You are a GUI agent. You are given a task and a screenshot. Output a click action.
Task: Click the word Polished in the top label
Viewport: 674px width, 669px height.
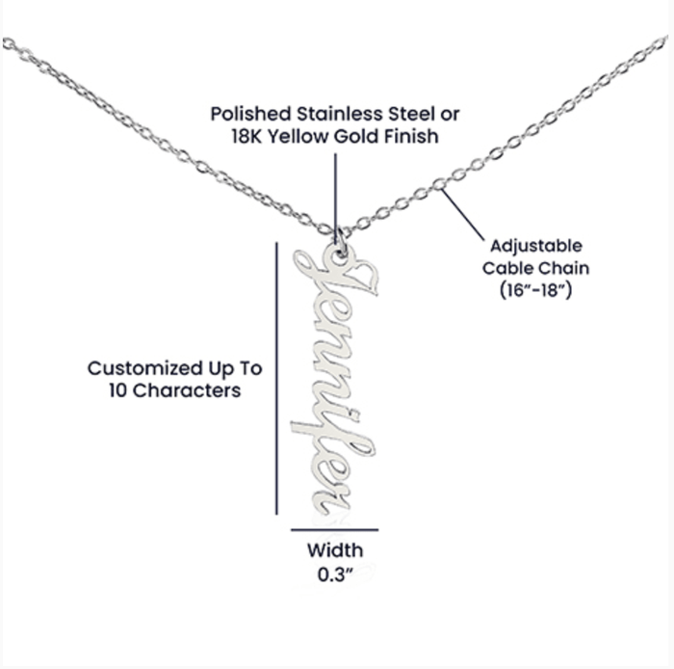(x=251, y=114)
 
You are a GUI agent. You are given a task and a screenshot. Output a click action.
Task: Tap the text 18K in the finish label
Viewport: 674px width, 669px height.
(x=246, y=136)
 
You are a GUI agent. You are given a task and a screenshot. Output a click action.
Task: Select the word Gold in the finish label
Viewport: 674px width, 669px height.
(x=356, y=136)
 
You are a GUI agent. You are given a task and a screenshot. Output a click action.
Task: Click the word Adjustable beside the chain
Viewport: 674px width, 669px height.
(x=536, y=247)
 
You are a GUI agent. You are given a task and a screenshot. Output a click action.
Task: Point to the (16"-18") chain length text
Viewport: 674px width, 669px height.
(x=535, y=290)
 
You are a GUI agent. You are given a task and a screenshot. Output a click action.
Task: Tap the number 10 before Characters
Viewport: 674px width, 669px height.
(x=117, y=390)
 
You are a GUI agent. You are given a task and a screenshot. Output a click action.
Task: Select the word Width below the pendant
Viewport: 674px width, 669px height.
(x=335, y=550)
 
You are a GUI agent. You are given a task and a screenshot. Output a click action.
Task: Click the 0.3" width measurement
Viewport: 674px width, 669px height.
(x=335, y=574)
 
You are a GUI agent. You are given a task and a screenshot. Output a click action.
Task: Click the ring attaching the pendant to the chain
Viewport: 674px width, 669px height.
(x=341, y=242)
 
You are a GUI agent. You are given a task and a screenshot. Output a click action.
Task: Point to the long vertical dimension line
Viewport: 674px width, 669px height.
(x=276, y=378)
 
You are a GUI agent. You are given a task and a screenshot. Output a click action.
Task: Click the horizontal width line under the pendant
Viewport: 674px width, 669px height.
(x=334, y=529)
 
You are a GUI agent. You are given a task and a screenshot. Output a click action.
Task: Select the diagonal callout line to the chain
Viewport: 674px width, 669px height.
(x=462, y=215)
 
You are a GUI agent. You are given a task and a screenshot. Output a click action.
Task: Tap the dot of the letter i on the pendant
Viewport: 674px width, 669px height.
(x=354, y=415)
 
